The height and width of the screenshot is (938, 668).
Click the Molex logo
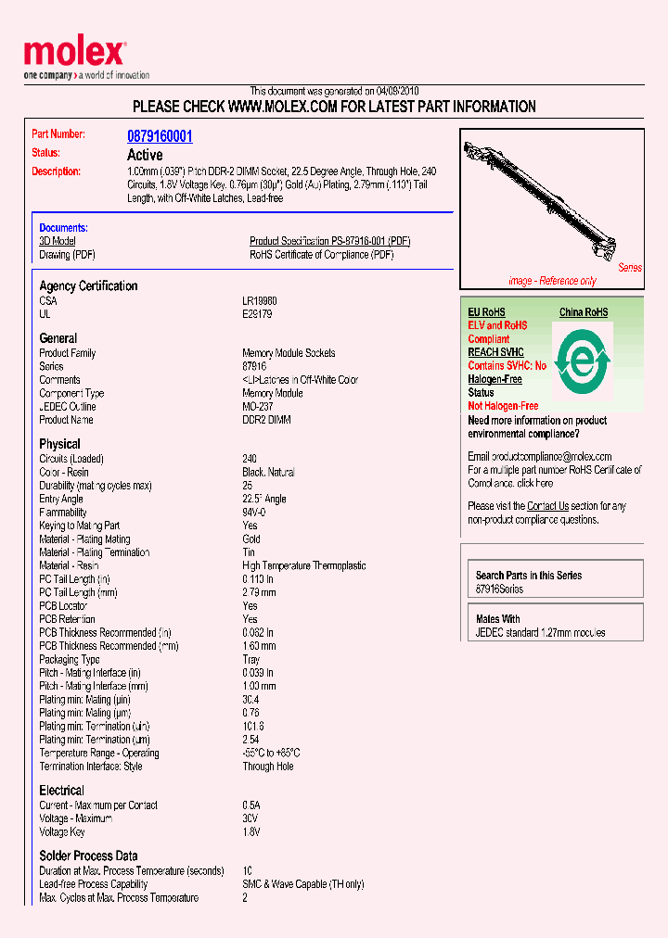(74, 54)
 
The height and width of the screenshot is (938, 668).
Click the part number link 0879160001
(160, 136)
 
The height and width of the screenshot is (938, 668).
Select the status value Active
(145, 155)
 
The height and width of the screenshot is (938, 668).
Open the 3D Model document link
(58, 241)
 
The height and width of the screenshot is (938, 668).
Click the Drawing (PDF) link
(67, 254)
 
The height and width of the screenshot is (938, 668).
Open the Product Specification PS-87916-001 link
(329, 241)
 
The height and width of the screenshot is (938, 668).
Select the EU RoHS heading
(486, 312)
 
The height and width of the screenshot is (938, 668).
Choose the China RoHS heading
(584, 312)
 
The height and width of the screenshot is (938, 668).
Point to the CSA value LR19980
(260, 301)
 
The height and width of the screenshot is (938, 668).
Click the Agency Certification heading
(88, 285)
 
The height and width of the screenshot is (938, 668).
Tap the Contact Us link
(547, 506)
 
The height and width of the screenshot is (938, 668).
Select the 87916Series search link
(499, 589)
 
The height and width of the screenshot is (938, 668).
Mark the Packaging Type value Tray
(251, 660)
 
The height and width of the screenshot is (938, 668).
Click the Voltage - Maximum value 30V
(250, 818)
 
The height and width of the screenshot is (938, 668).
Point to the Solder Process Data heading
(88, 856)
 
